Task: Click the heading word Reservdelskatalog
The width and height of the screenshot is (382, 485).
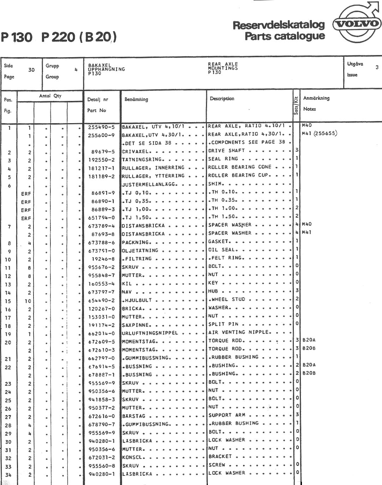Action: [278, 25]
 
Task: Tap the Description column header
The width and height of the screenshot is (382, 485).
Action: [222, 99]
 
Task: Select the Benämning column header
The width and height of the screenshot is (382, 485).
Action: [136, 100]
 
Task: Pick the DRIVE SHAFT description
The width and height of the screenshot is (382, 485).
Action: [226, 151]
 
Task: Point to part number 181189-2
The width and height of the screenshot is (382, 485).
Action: [101, 176]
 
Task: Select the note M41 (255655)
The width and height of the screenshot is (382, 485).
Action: [319, 133]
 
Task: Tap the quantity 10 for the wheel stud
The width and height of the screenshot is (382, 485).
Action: [28, 301]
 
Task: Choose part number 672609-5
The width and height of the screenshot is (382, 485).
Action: [101, 342]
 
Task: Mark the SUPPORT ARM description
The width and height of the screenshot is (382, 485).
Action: [227, 415]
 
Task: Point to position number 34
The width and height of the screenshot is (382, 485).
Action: [8, 475]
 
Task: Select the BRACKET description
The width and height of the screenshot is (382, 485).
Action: [220, 456]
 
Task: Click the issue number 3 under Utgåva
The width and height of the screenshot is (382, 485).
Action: [377, 67]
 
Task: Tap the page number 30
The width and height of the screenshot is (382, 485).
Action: [31, 70]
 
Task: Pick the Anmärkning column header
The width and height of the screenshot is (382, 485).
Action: [316, 98]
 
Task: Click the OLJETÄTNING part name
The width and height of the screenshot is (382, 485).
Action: [140, 251]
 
